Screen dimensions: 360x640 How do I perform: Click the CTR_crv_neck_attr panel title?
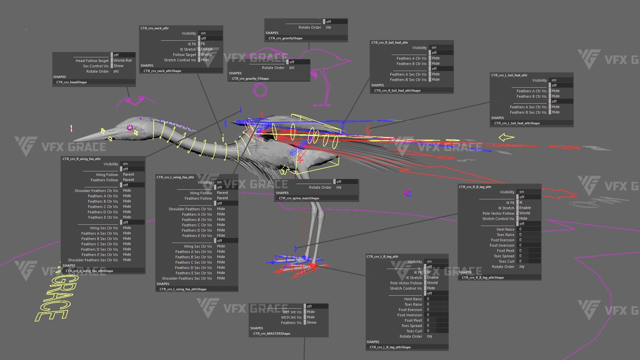(x=155, y=28)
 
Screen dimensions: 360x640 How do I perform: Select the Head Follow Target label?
(x=92, y=61)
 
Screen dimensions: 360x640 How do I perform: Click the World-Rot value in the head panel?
(x=122, y=60)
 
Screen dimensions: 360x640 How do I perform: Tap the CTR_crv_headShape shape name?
(x=71, y=82)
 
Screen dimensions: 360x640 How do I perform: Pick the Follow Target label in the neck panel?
(x=184, y=55)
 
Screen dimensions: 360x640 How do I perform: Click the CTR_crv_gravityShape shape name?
(x=285, y=38)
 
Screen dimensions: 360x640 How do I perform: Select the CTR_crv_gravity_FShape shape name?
(x=250, y=79)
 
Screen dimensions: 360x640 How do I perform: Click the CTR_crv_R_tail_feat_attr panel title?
(x=389, y=43)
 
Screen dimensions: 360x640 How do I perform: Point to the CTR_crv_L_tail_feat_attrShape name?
(x=517, y=123)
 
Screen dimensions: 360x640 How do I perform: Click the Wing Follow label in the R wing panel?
(x=107, y=175)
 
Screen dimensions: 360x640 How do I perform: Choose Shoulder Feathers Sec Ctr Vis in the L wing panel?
(x=187, y=278)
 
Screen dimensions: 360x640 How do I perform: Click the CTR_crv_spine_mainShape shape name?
(x=299, y=198)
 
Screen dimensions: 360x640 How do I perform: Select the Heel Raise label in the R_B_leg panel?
(x=505, y=229)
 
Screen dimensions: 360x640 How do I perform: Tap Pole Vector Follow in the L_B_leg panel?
(x=406, y=283)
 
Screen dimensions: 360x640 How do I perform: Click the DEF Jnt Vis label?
(x=292, y=312)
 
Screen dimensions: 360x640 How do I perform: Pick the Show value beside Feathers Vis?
(x=311, y=322)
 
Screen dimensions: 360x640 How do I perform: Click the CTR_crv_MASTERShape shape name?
(x=271, y=334)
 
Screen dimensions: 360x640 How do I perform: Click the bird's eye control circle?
(x=130, y=128)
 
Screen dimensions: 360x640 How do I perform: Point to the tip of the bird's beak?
(x=74, y=141)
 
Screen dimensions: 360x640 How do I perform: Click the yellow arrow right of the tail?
(x=506, y=137)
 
